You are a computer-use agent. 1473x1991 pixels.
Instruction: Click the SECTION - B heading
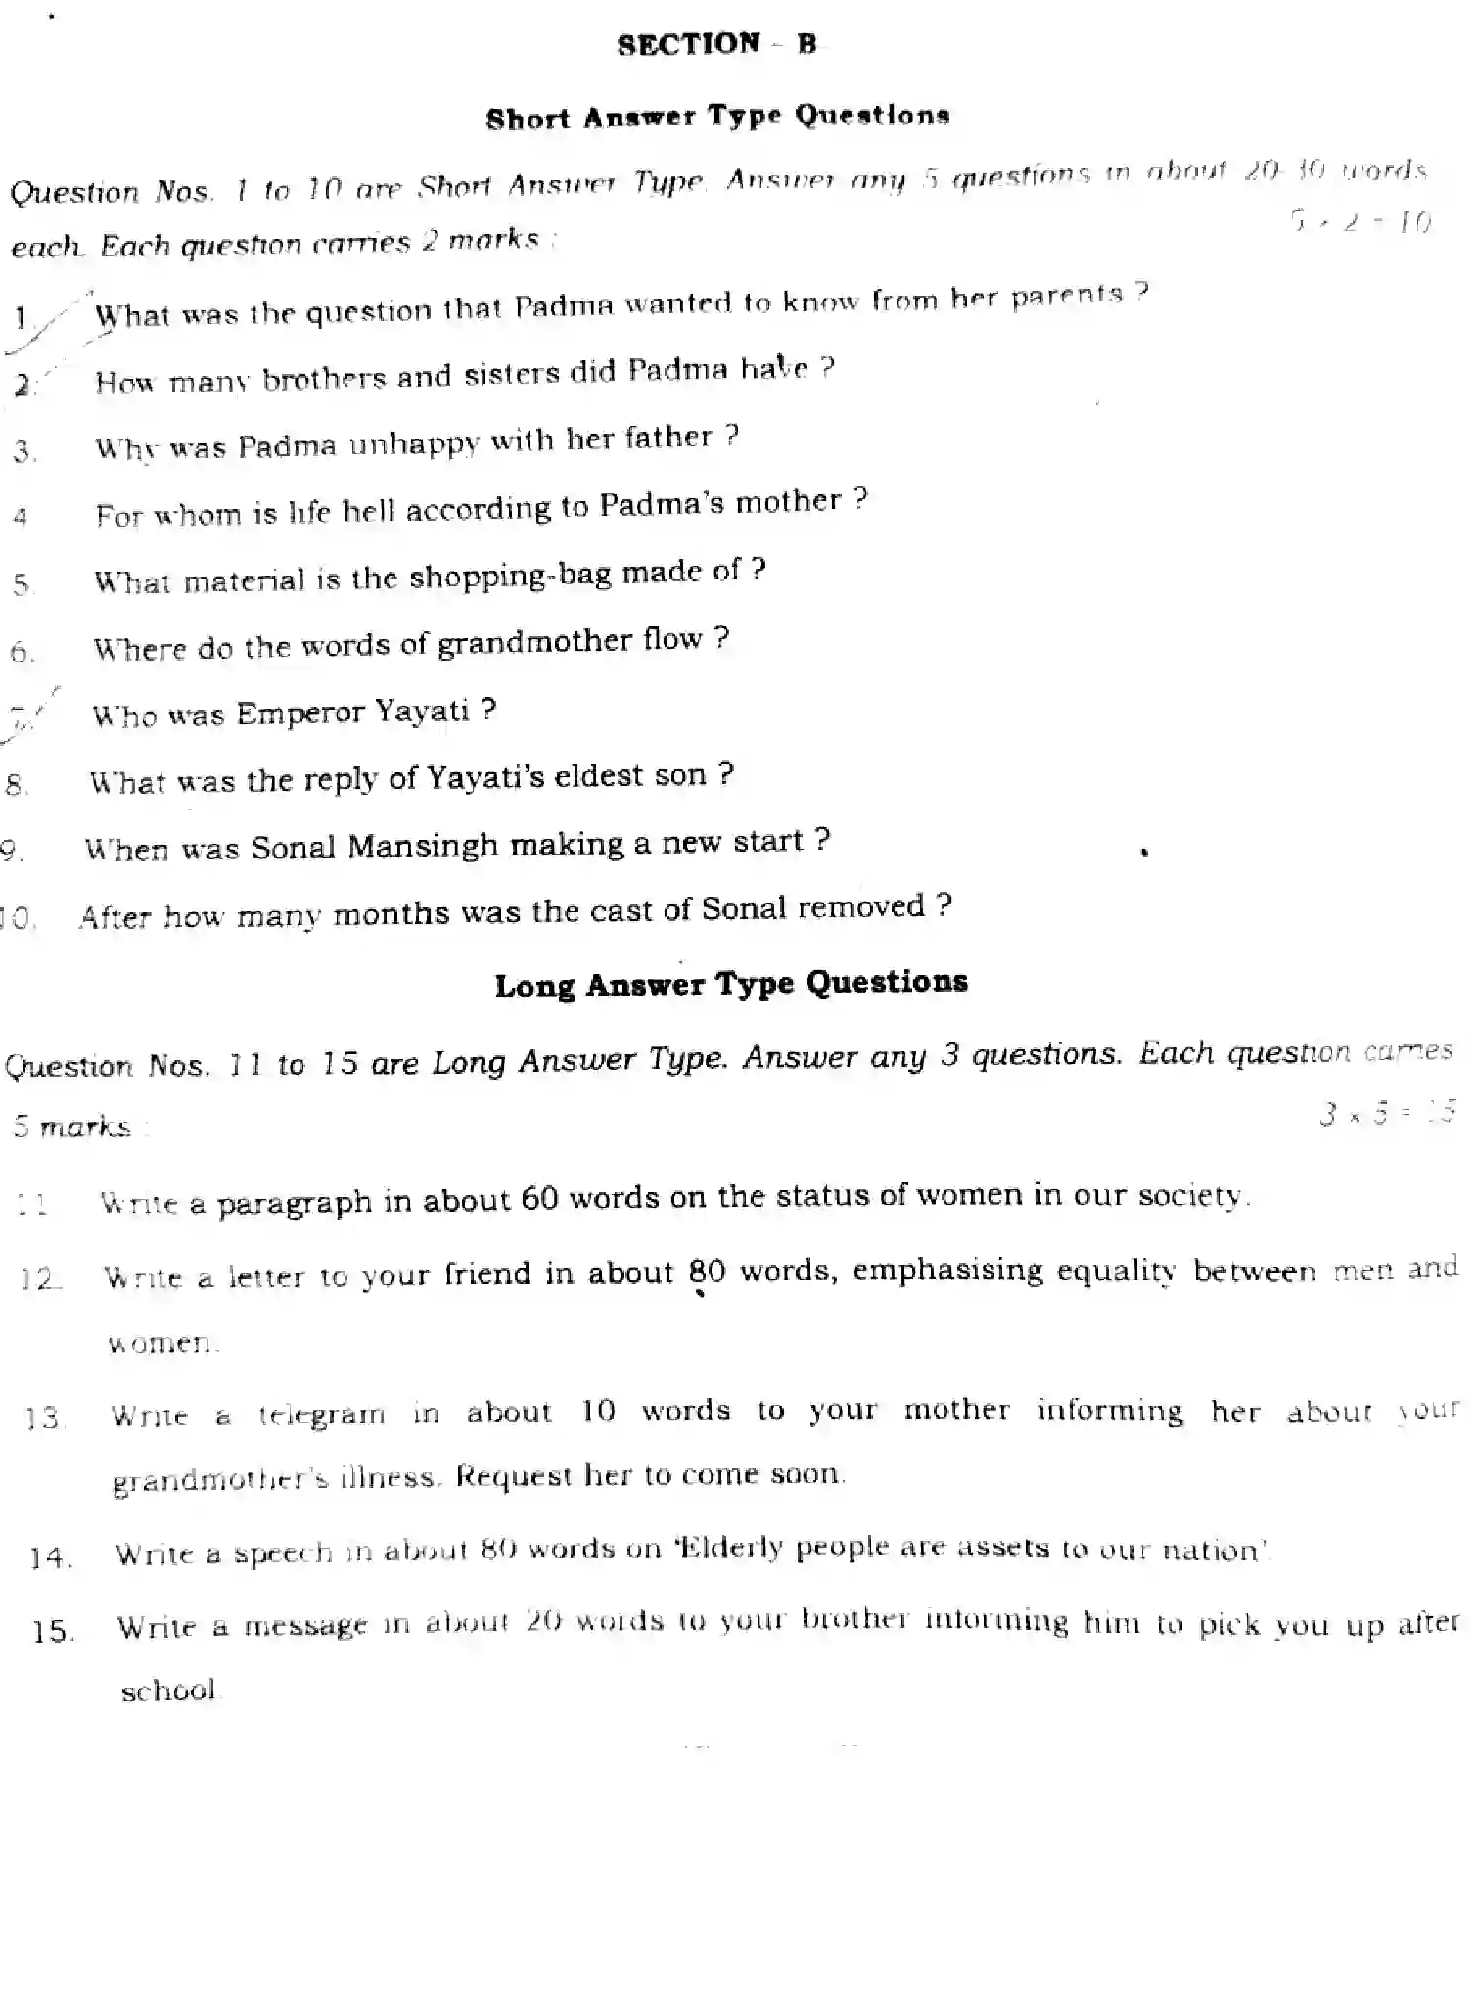click(716, 44)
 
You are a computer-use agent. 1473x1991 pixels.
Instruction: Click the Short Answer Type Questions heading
click(717, 117)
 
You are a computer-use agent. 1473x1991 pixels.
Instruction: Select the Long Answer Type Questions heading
click(731, 983)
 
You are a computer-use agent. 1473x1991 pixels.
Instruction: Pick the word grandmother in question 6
click(534, 643)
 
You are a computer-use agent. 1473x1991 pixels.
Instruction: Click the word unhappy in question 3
click(414, 443)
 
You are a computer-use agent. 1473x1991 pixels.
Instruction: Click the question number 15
click(53, 1630)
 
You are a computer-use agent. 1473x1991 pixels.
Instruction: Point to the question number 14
click(51, 1556)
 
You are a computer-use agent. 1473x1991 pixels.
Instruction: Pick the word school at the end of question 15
click(168, 1690)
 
